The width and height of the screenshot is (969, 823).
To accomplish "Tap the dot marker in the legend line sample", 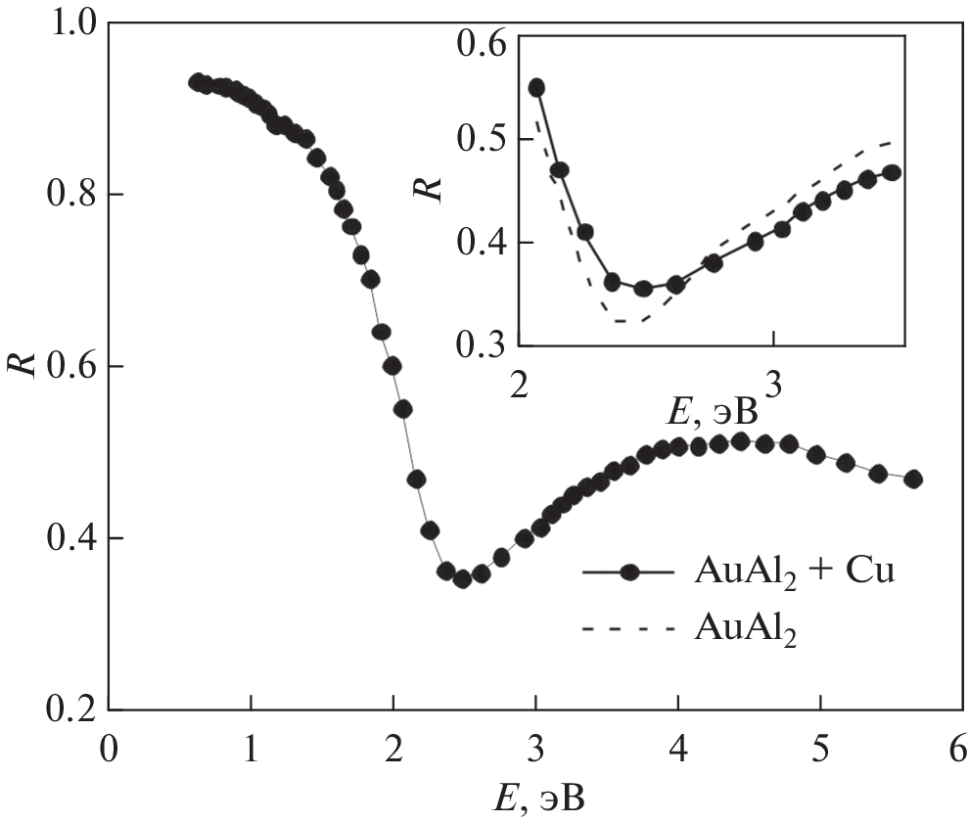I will (x=632, y=572).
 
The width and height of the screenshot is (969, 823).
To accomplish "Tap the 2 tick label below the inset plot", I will (x=520, y=379).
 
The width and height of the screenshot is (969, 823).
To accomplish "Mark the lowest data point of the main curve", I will (x=463, y=578).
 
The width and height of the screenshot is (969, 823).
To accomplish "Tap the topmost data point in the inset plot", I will (x=535, y=87).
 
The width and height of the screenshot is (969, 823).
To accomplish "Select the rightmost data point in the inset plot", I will (x=891, y=172).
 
